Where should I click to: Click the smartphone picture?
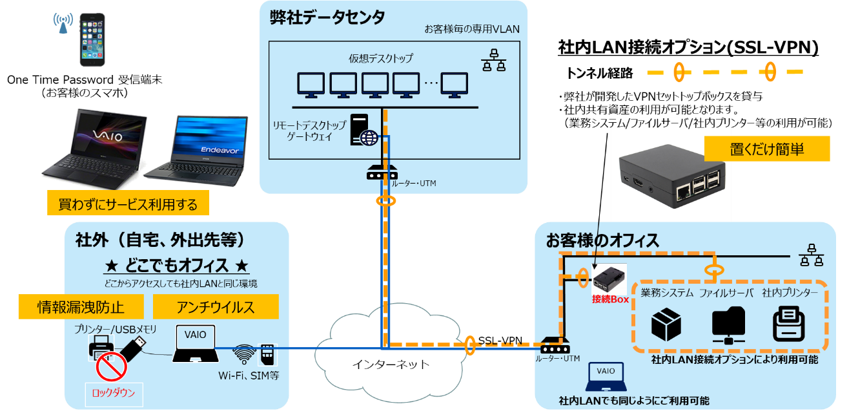pos(92,41)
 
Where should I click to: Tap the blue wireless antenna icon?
pos(63,23)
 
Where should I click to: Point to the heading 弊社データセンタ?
pos(327,17)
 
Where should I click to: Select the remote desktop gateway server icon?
pos(363,131)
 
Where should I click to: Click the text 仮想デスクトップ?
pos(380,58)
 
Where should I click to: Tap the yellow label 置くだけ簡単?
pos(766,149)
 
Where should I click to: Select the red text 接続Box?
pos(610,299)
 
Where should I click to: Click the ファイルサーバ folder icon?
pos(728,325)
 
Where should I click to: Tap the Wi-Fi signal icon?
pos(243,354)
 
